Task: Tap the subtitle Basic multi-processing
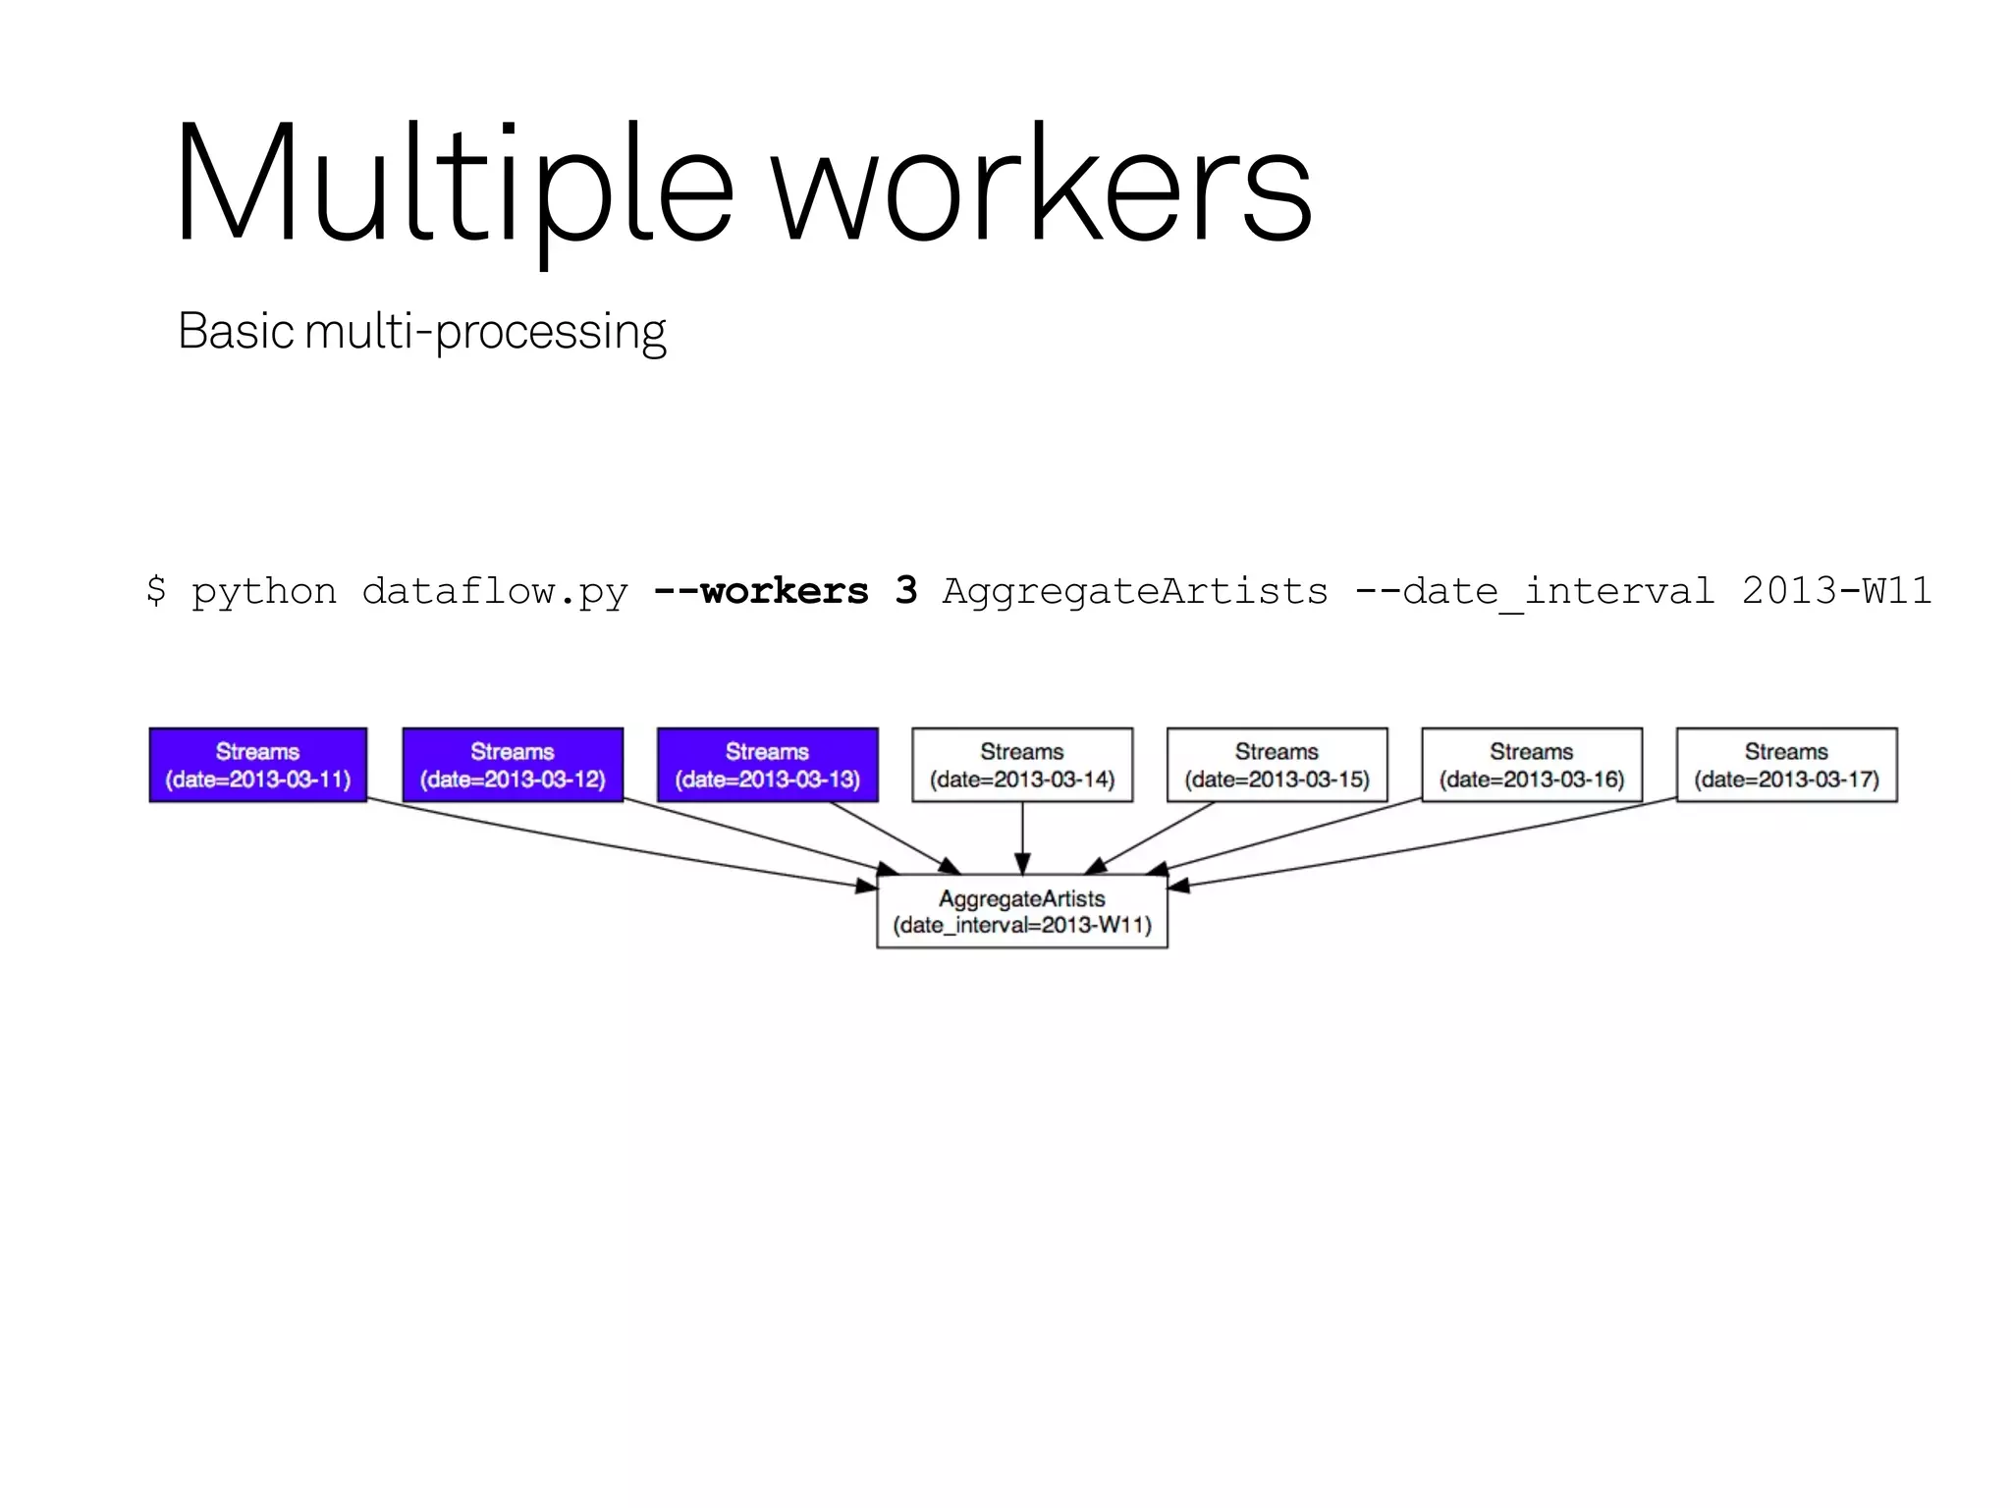421,331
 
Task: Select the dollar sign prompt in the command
155,590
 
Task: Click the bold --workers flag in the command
761,590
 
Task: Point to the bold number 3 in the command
905,590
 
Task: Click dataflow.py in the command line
494,590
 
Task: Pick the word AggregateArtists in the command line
1134,590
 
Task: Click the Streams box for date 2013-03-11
258,765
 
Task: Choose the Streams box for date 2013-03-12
513,765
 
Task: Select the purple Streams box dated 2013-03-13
767,765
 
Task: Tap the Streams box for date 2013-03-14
1022,765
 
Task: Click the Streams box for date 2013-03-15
1277,765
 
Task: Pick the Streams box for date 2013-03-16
1532,765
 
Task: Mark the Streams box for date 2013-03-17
1786,765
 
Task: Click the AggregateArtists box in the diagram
1022,911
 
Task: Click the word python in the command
263,590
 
